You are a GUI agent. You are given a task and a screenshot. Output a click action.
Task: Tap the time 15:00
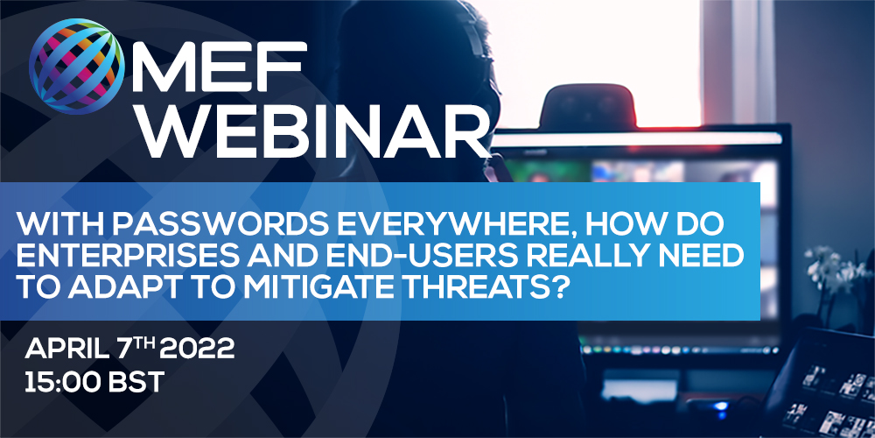coord(59,384)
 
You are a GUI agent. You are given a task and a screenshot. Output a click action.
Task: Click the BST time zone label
coord(133,384)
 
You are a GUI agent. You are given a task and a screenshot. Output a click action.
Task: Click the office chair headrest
coord(588,106)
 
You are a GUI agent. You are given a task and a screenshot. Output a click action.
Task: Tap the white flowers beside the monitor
coord(831,268)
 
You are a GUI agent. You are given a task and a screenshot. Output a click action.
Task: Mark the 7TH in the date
coord(136,349)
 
